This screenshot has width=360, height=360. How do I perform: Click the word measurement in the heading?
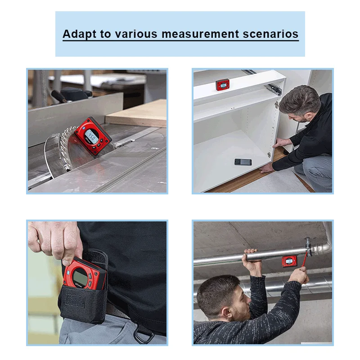pyautogui.click(x=200, y=34)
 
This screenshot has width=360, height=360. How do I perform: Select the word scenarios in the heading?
pyautogui.click(x=270, y=34)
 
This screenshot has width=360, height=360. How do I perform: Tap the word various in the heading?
pyautogui.click(x=136, y=34)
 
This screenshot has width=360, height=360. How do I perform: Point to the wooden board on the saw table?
pyautogui.click(x=136, y=113)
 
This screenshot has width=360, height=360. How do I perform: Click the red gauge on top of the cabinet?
pyautogui.click(x=222, y=85)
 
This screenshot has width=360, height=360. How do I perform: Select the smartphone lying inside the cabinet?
pyautogui.click(x=243, y=162)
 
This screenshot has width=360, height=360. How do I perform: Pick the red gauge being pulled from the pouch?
pyautogui.click(x=84, y=273)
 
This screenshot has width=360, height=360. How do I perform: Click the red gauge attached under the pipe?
pyautogui.click(x=289, y=261)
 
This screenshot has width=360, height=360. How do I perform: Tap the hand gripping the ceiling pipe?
pyautogui.click(x=252, y=262)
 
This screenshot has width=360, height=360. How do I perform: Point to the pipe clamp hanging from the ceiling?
pyautogui.click(x=308, y=247)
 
